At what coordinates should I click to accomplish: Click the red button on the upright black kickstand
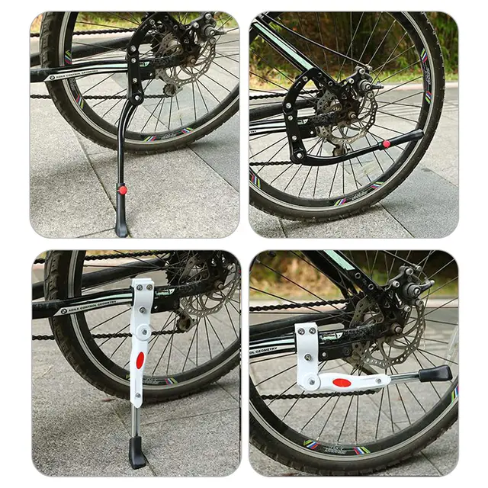point(122,188)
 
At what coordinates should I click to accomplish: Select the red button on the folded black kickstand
point(387,143)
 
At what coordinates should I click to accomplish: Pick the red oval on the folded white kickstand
point(342,381)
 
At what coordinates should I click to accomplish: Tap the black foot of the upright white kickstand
point(137,454)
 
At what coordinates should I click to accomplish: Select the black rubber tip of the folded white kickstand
point(437,374)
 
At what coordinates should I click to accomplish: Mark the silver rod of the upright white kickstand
point(135,419)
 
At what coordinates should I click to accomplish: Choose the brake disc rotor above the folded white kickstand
point(381,335)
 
